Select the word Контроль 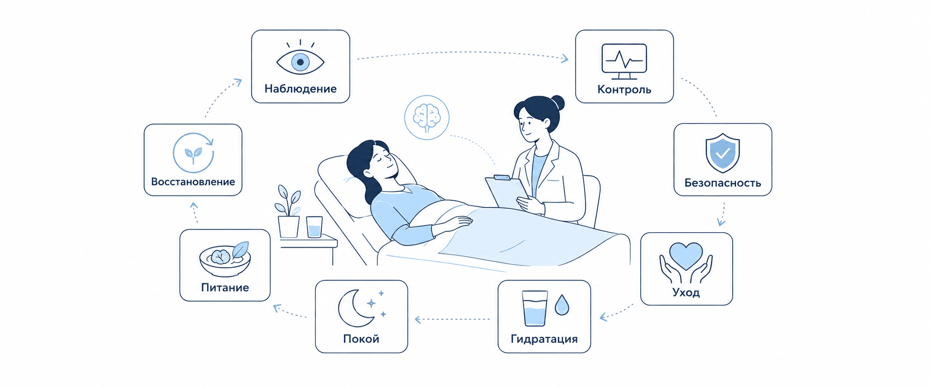[624, 90]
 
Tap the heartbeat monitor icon [624, 61]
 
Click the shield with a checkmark [723, 153]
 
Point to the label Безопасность [723, 183]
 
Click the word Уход [686, 292]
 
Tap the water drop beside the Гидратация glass [562, 305]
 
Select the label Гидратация [544, 339]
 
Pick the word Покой [361, 339]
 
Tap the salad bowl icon [225, 259]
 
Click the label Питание [225, 287]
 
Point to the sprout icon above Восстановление [193, 153]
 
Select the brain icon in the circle [427, 117]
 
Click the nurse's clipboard [507, 192]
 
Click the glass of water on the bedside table [314, 227]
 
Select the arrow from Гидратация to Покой [452, 319]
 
